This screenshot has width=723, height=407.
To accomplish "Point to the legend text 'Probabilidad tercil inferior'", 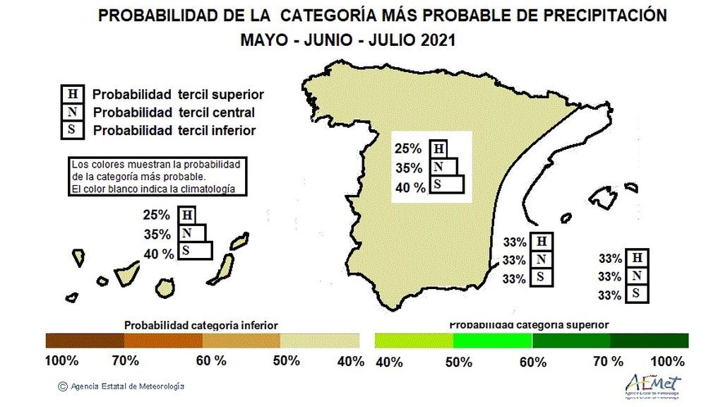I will point(174,130).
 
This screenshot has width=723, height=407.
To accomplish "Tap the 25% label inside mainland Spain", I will point(408,149).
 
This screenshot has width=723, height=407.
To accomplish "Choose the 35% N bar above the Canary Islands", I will point(192,233).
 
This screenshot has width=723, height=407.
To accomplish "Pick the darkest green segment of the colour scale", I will point(649,341).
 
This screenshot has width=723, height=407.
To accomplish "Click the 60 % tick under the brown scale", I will point(211,361).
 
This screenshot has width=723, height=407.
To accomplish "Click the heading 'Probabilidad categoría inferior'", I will point(201,326).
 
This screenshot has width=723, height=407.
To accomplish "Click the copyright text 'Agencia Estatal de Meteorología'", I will point(125,387).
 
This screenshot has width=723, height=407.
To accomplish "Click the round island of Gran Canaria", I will point(166,288).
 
